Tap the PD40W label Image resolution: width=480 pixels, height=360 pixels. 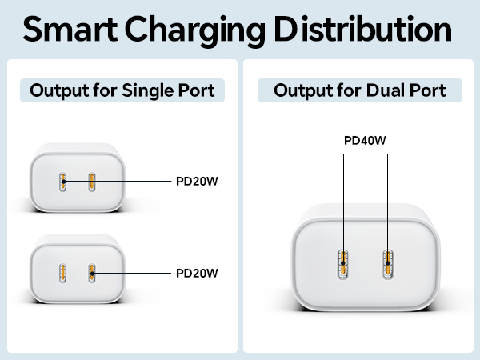pyautogui.click(x=365, y=141)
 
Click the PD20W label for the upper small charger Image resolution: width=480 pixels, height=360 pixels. pyautogui.click(x=197, y=181)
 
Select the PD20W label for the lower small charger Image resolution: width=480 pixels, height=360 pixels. pyautogui.click(x=197, y=273)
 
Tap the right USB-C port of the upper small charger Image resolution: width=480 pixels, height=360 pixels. pyautogui.click(x=92, y=182)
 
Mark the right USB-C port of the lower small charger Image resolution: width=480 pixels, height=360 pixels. pyautogui.click(x=92, y=274)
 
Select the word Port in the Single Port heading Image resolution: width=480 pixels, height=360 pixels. pyautogui.click(x=198, y=90)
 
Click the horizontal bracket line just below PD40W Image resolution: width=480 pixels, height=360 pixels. pyautogui.click(x=365, y=155)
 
